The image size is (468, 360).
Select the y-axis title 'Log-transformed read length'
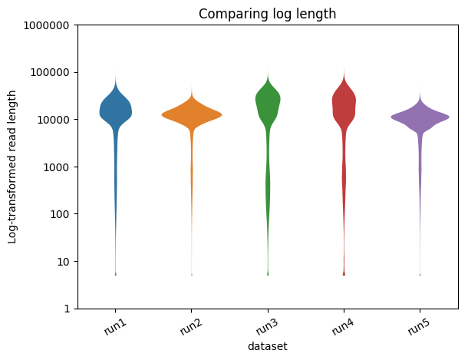tap(13, 167)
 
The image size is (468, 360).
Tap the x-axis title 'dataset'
tap(267, 346)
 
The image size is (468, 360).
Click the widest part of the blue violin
tap(116, 111)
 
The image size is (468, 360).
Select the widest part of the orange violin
tap(192, 114)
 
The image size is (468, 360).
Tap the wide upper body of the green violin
tap(268, 98)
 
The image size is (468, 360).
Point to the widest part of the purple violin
tap(420, 117)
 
